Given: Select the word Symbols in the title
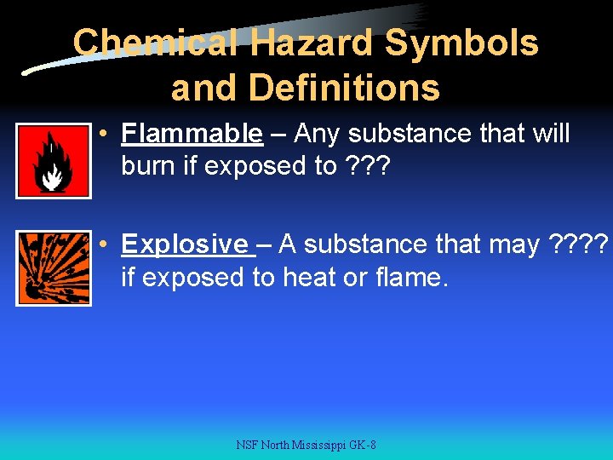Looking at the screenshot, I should click(464, 43).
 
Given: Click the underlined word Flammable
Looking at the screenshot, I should click(192, 134).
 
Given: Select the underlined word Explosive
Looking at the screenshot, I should click(185, 244).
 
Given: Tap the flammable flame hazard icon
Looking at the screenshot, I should click(53, 161).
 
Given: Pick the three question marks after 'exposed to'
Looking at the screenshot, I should click(368, 166).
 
